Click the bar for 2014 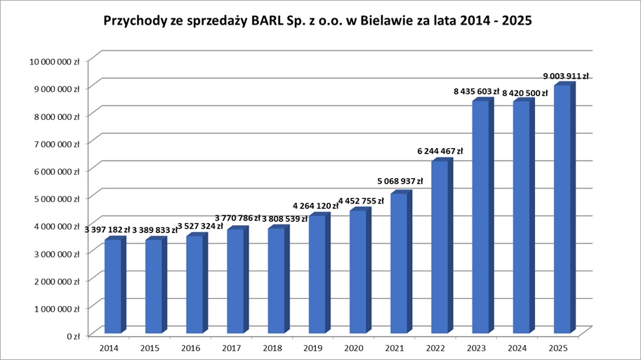112,286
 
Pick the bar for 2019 316,274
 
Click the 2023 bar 479,218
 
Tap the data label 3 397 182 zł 112,229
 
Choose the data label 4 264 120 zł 317,206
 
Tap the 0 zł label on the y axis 72,335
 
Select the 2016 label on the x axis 191,347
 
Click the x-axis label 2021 395,347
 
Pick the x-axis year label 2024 517,347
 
